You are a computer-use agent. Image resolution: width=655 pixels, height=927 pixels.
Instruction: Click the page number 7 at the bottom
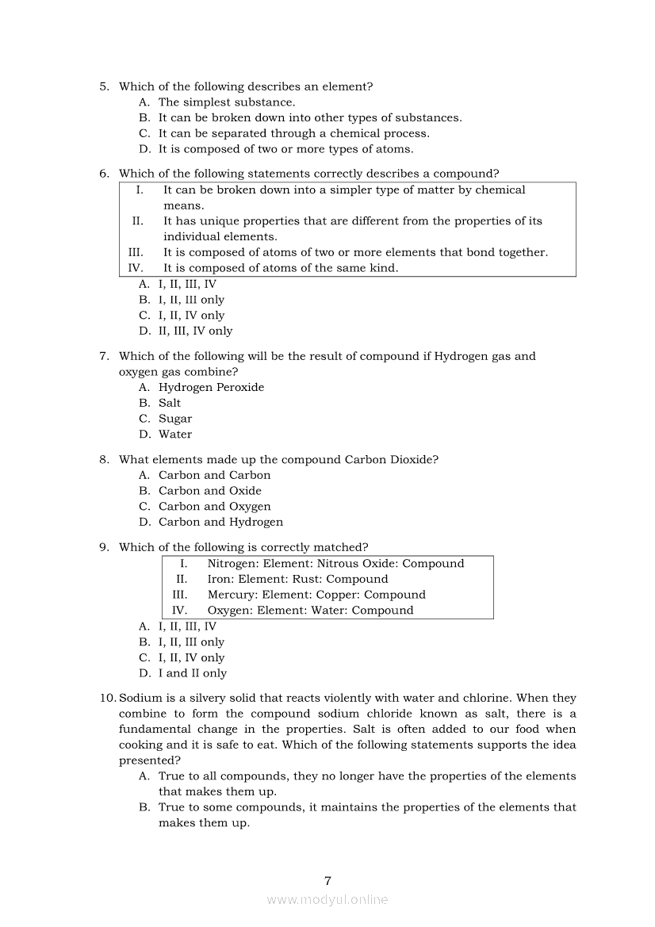pyautogui.click(x=327, y=880)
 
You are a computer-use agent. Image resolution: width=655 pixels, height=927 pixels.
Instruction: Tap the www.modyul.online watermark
pyautogui.click(x=327, y=899)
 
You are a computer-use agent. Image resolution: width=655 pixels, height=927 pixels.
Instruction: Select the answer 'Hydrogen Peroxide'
pyautogui.click(x=211, y=387)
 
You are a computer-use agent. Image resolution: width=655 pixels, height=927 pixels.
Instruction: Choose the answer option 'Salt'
pyautogui.click(x=170, y=403)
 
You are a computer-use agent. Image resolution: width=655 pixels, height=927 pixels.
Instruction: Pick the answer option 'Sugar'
pyautogui.click(x=175, y=419)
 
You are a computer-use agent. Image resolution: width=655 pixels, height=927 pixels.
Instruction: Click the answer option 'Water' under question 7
pyautogui.click(x=175, y=434)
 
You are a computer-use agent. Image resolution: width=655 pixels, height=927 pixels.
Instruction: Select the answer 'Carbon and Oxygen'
pyautogui.click(x=214, y=506)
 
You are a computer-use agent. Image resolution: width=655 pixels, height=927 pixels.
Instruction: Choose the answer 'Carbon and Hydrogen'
pyautogui.click(x=220, y=522)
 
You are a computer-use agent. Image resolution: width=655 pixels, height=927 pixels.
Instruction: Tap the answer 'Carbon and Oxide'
pyautogui.click(x=209, y=491)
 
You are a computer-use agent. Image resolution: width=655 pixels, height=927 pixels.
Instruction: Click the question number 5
pyautogui.click(x=104, y=86)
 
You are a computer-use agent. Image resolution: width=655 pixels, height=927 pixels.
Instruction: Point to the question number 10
pyautogui.click(x=107, y=698)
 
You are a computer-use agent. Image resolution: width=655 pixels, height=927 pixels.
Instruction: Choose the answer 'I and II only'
pyautogui.click(x=192, y=673)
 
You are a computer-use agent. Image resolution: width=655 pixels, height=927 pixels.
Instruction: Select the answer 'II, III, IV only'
pyautogui.click(x=195, y=331)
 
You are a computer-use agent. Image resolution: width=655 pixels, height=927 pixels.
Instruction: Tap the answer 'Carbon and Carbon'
pyautogui.click(x=214, y=475)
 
